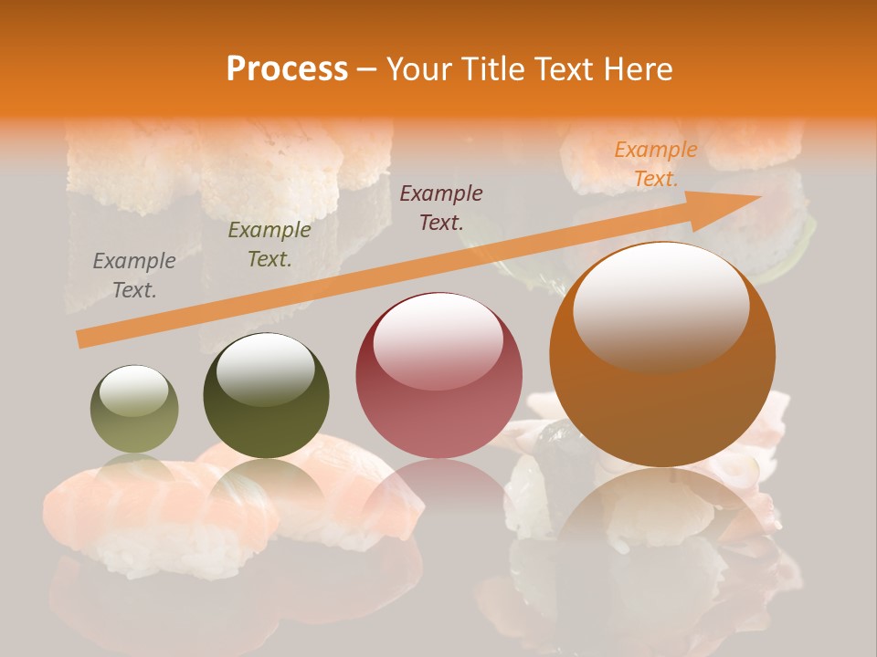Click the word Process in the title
(x=287, y=69)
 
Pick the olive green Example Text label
(x=269, y=245)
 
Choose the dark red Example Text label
(x=441, y=207)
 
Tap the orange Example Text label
(x=655, y=164)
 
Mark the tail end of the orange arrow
(x=80, y=339)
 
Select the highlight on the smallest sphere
(x=133, y=391)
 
